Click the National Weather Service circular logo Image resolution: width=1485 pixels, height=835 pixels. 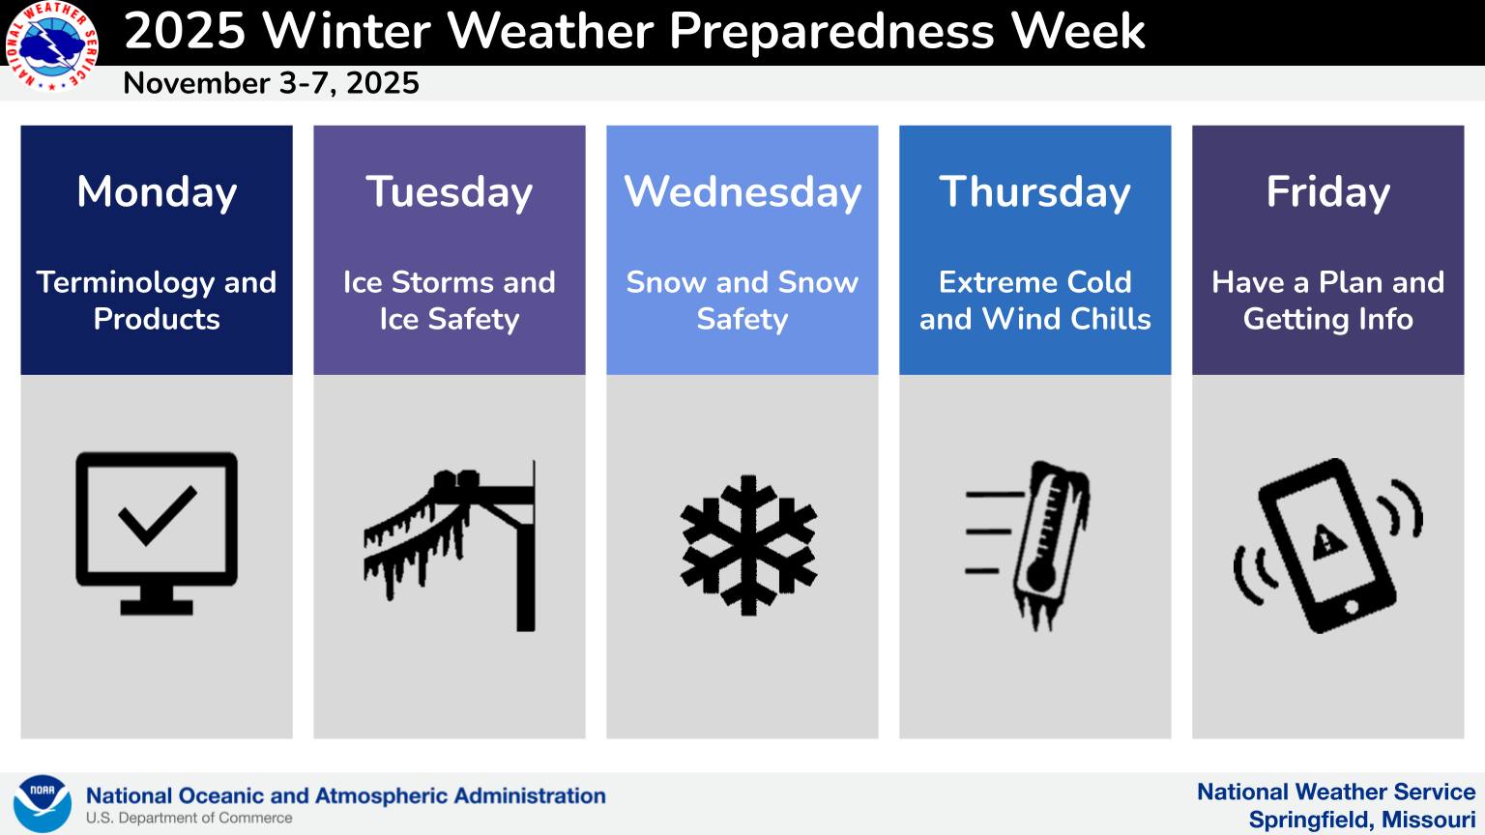pos(51,45)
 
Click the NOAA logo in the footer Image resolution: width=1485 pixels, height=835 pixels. pos(43,803)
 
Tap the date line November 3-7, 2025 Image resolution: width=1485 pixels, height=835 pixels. pos(271,83)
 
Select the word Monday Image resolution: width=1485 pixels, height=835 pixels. pos(157,192)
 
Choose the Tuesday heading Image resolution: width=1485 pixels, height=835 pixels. pos(449,192)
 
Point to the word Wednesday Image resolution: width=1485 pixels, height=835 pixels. pos(742,192)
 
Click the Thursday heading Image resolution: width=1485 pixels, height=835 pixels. pos(1034,192)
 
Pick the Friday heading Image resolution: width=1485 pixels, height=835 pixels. pos(1327,192)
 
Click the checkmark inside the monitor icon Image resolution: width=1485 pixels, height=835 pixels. pos(158,516)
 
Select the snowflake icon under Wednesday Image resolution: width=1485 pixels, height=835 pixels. pos(748,545)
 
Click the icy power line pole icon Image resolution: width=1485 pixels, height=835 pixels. pos(450,545)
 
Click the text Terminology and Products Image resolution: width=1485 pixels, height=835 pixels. pos(157,301)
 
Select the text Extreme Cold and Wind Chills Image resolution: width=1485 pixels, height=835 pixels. pos(1034,301)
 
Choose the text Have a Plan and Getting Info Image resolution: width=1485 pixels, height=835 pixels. pos(1327,301)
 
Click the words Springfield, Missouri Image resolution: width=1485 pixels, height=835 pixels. pos(1361,820)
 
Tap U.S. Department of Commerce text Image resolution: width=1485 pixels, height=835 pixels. pos(189,819)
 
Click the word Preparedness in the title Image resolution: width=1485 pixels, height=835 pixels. pos(831,31)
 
